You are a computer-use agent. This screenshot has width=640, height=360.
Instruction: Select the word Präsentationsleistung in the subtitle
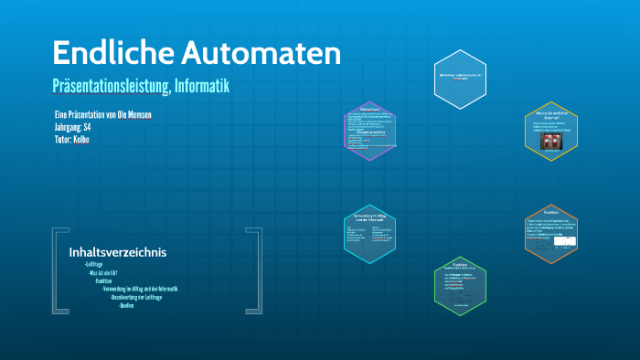pyautogui.click(x=109, y=86)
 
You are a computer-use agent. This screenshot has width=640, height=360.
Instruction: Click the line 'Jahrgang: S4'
pyautogui.click(x=72, y=127)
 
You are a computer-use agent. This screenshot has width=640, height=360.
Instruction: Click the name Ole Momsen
pyautogui.click(x=132, y=114)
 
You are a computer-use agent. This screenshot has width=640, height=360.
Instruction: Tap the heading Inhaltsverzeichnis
pyautogui.click(x=117, y=252)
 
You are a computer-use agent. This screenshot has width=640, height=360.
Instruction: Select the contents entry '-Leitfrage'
pyautogui.click(x=93, y=264)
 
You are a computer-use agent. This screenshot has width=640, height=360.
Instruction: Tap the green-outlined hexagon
pyautogui.click(x=460, y=286)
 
